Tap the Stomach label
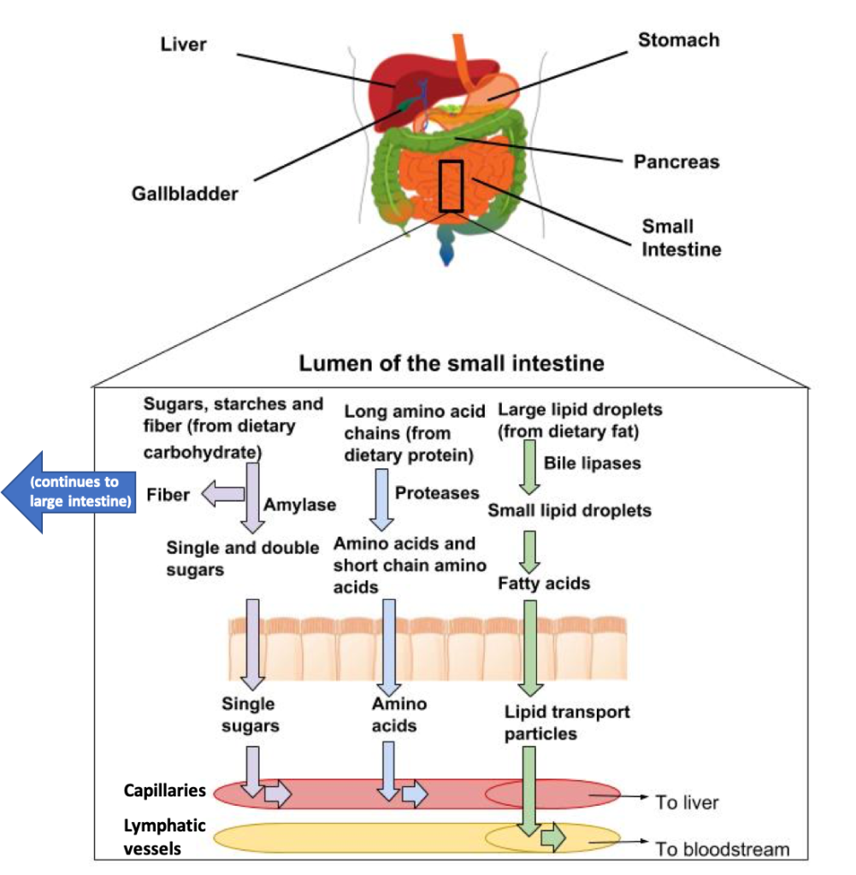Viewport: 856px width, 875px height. click(x=679, y=40)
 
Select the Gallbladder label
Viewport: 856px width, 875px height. click(x=185, y=194)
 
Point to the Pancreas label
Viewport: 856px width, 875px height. click(x=676, y=161)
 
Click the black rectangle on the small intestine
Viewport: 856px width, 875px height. click(x=451, y=185)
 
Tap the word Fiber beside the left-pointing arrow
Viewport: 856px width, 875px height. click(x=168, y=495)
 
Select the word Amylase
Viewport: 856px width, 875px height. click(x=299, y=504)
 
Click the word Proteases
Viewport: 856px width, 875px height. click(x=437, y=493)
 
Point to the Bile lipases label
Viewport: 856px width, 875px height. click(x=593, y=463)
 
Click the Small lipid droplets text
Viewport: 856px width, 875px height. click(x=570, y=510)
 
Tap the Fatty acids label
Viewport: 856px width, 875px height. click(x=544, y=584)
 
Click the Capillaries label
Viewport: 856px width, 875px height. click(x=165, y=790)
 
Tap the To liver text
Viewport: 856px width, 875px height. click(x=687, y=802)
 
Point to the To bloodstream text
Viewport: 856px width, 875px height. click(x=722, y=849)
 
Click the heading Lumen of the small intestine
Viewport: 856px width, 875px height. click(x=451, y=363)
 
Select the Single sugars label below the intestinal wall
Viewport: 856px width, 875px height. click(x=250, y=715)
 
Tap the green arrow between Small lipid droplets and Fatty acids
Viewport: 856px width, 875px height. click(x=530, y=551)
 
